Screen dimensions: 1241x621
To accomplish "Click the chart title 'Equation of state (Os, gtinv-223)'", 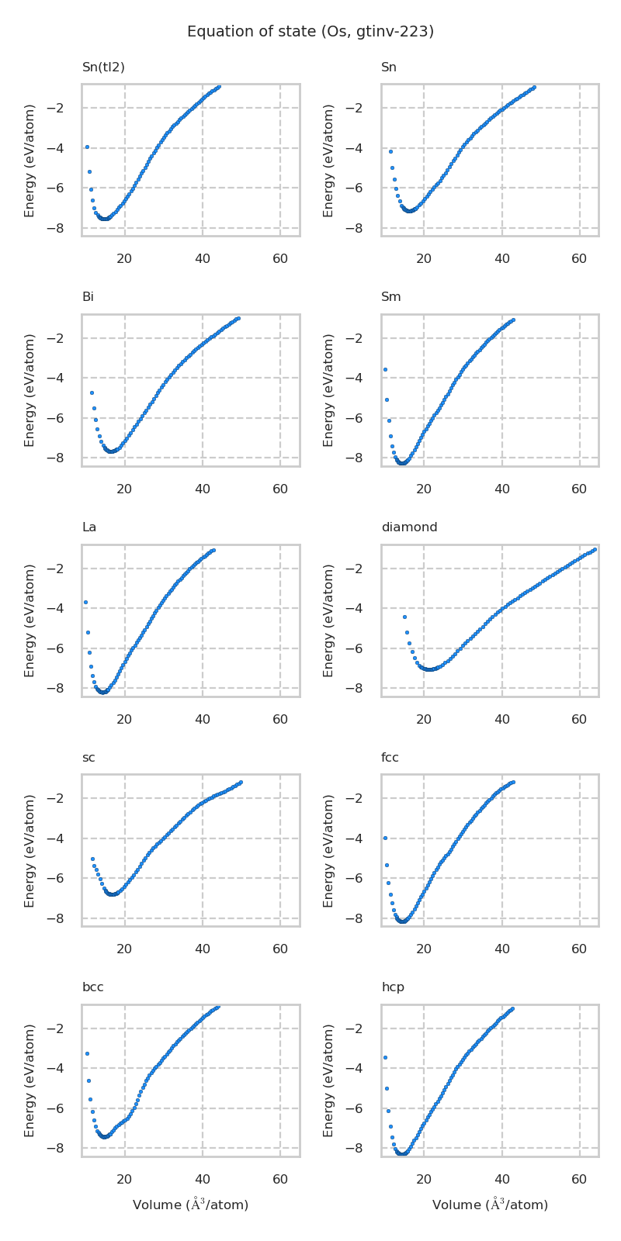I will tap(310, 32).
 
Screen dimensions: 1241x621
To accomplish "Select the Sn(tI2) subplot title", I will tap(103, 67).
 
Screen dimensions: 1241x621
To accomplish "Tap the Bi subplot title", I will tap(88, 297).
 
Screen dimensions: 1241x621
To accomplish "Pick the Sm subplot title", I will tap(390, 297).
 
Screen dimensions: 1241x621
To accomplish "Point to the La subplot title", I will tap(89, 527).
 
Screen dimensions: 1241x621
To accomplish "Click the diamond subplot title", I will tap(409, 527).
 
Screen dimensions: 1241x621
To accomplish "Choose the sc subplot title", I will tap(88, 758).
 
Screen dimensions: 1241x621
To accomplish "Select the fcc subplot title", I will tap(390, 758).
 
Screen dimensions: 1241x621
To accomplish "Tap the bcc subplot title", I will tap(92, 987).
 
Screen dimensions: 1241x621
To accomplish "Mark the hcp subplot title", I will tap(392, 987).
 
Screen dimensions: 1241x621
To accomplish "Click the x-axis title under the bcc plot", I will tap(190, 1205).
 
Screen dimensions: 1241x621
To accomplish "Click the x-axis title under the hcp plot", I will tap(490, 1205).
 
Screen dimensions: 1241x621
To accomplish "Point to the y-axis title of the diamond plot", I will tap(328, 620).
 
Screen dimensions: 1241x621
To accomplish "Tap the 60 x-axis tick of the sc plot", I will tap(280, 949).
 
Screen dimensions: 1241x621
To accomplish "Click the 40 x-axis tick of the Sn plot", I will tap(501, 258).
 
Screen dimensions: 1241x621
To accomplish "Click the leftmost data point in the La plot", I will tap(85, 602).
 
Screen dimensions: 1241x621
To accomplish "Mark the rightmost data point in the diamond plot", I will tap(594, 549).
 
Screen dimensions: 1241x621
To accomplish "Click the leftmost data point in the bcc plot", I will tap(87, 1053).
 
